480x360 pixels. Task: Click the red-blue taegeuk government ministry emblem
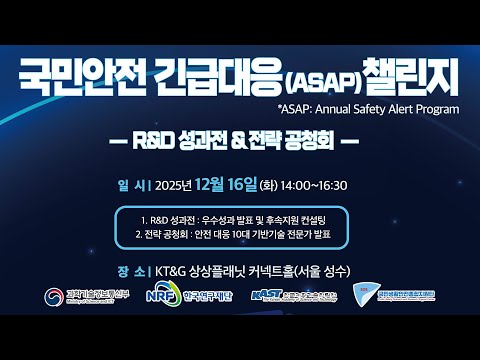[x=53, y=298]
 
